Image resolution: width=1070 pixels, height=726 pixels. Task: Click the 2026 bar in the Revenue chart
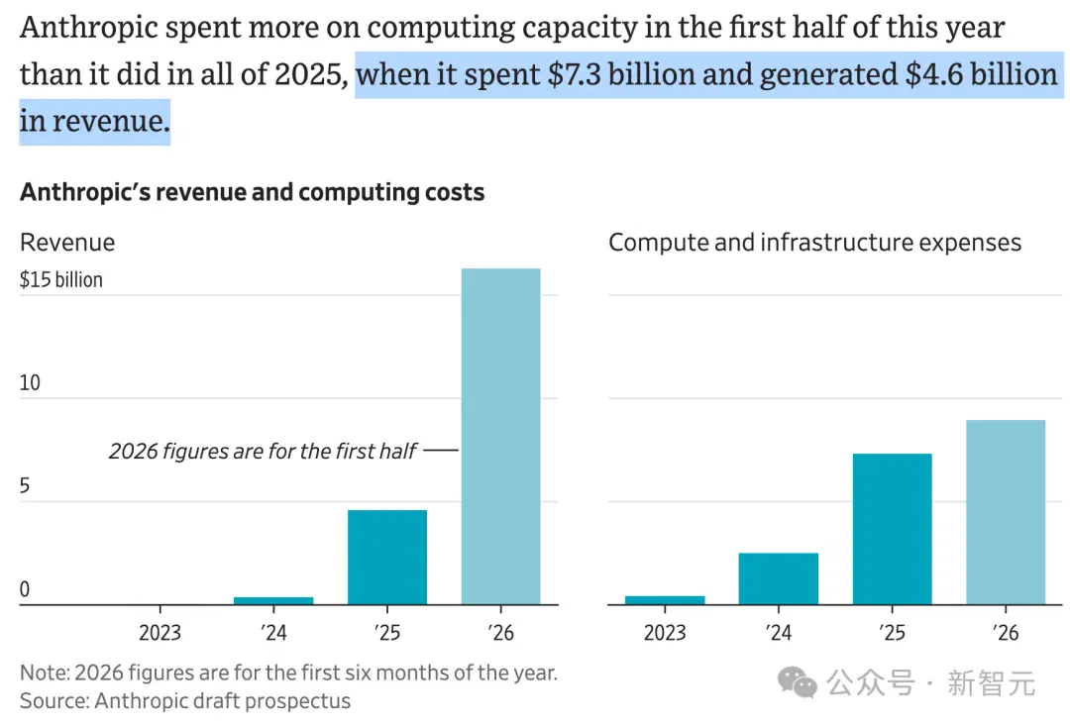click(501, 437)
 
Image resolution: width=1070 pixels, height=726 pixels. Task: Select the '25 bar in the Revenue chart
click(387, 558)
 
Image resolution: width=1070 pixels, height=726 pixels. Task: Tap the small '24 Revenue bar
click(273, 600)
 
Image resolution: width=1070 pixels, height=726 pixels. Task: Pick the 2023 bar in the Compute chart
click(665, 600)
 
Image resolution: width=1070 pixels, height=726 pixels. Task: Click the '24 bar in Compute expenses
click(778, 578)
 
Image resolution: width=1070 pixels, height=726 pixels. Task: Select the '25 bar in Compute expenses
click(892, 529)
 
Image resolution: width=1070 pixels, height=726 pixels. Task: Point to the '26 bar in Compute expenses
click(1006, 512)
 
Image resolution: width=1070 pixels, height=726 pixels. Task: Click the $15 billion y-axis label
click(61, 279)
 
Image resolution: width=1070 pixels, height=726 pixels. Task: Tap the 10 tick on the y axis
click(30, 382)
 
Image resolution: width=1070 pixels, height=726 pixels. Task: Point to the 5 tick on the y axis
click(25, 486)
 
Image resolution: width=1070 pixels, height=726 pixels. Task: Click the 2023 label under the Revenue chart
click(160, 633)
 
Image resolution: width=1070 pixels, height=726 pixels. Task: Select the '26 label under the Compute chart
click(1006, 633)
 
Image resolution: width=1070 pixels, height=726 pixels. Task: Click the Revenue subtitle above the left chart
click(67, 243)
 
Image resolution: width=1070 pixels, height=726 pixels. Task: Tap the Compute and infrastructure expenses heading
click(814, 243)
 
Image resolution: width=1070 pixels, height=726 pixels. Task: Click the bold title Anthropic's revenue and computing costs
click(252, 192)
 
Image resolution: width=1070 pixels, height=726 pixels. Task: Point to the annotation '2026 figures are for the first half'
click(263, 451)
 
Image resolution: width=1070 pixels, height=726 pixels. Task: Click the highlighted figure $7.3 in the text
click(574, 74)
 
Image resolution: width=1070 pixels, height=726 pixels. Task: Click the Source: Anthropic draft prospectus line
click(185, 701)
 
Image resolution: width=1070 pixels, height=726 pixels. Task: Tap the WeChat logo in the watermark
click(797, 682)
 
